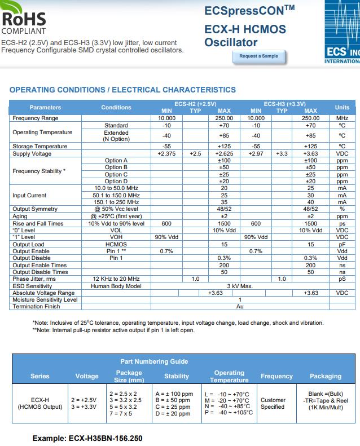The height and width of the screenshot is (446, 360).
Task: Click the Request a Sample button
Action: (258, 56)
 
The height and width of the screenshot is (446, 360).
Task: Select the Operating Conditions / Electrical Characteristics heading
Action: (122, 90)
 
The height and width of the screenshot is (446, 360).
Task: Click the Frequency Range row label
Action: (36, 118)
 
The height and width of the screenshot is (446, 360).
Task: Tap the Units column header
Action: (342, 107)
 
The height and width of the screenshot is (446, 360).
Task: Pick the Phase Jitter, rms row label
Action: (34, 279)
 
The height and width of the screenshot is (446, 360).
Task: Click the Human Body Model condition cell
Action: (116, 286)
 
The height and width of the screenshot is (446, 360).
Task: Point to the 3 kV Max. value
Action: (240, 286)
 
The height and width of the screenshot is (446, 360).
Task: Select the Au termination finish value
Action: (240, 306)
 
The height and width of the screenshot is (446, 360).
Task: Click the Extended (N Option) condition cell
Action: (116, 136)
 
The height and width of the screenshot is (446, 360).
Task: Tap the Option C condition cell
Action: (116, 174)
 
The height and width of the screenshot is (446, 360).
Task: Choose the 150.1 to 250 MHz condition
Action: (116, 202)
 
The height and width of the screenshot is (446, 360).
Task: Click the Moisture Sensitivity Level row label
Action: (45, 299)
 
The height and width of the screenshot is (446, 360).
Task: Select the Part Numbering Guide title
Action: (154, 361)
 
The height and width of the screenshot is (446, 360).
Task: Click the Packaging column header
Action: (326, 376)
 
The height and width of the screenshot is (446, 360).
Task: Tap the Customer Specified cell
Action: (273, 403)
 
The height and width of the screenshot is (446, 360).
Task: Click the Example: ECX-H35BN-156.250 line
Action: (87, 438)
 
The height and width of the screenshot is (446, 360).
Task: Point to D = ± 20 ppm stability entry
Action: (174, 413)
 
